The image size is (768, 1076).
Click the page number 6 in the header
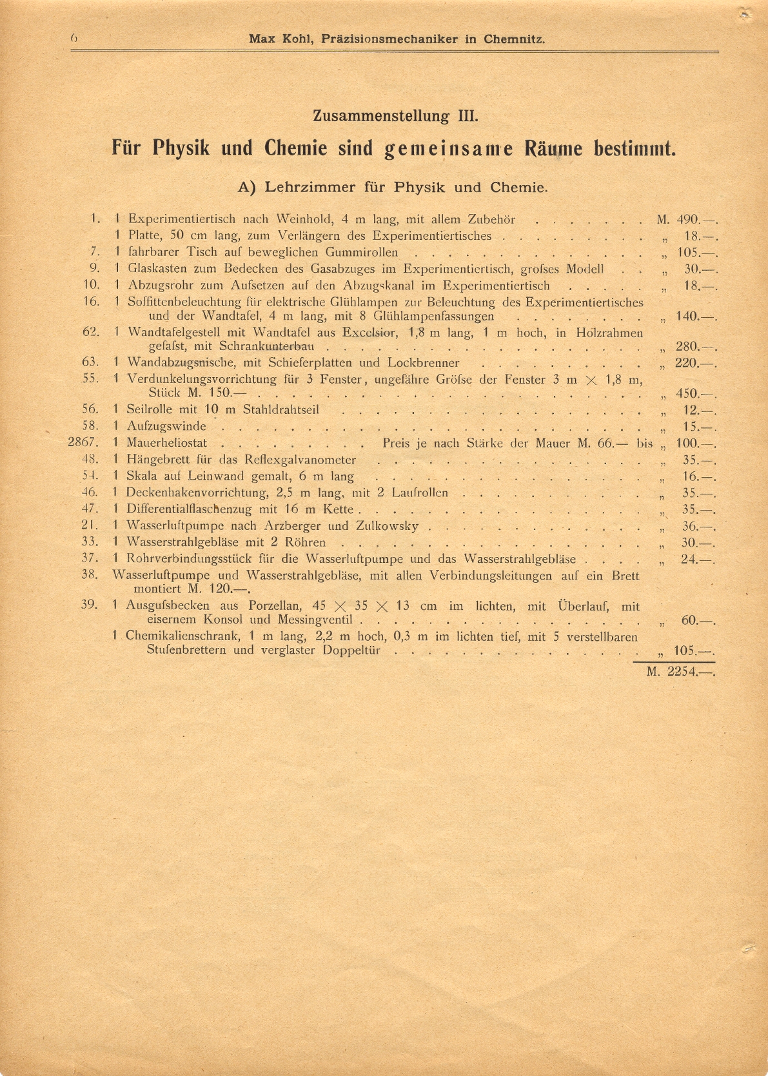pos(74,39)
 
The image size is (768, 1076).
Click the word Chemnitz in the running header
pos(514,39)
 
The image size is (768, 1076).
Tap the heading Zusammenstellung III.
pos(395,117)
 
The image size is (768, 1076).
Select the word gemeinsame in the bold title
pos(449,149)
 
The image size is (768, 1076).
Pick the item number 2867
pos(83,443)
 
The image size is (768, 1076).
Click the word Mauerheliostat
pos(167,443)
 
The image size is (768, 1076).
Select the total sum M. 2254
pos(681,671)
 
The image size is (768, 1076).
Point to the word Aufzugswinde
pos(166,426)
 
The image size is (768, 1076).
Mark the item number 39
pos(90,604)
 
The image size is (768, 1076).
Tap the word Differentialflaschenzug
pos(189,509)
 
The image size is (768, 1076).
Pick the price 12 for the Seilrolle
pos(691,410)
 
